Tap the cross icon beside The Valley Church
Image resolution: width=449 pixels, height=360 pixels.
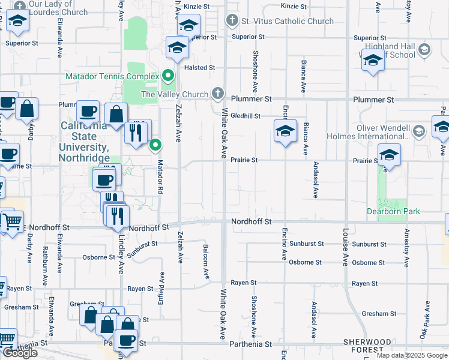pyautogui.click(x=218, y=94)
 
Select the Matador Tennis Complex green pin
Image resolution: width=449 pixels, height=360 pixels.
pyautogui.click(x=168, y=76)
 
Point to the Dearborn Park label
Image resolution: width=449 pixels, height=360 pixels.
pyautogui.click(x=393, y=211)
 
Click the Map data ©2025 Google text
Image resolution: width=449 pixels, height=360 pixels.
pyautogui.click(x=411, y=355)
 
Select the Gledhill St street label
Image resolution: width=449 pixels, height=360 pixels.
pyautogui.click(x=245, y=116)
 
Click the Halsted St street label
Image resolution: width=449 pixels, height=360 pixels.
pyautogui.click(x=200, y=68)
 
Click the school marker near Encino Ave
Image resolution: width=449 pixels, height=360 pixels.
pyautogui.click(x=286, y=131)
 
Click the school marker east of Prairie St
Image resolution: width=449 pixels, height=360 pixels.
pyautogui.click(x=389, y=156)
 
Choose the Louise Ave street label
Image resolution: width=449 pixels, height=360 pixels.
pyautogui.click(x=346, y=247)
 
